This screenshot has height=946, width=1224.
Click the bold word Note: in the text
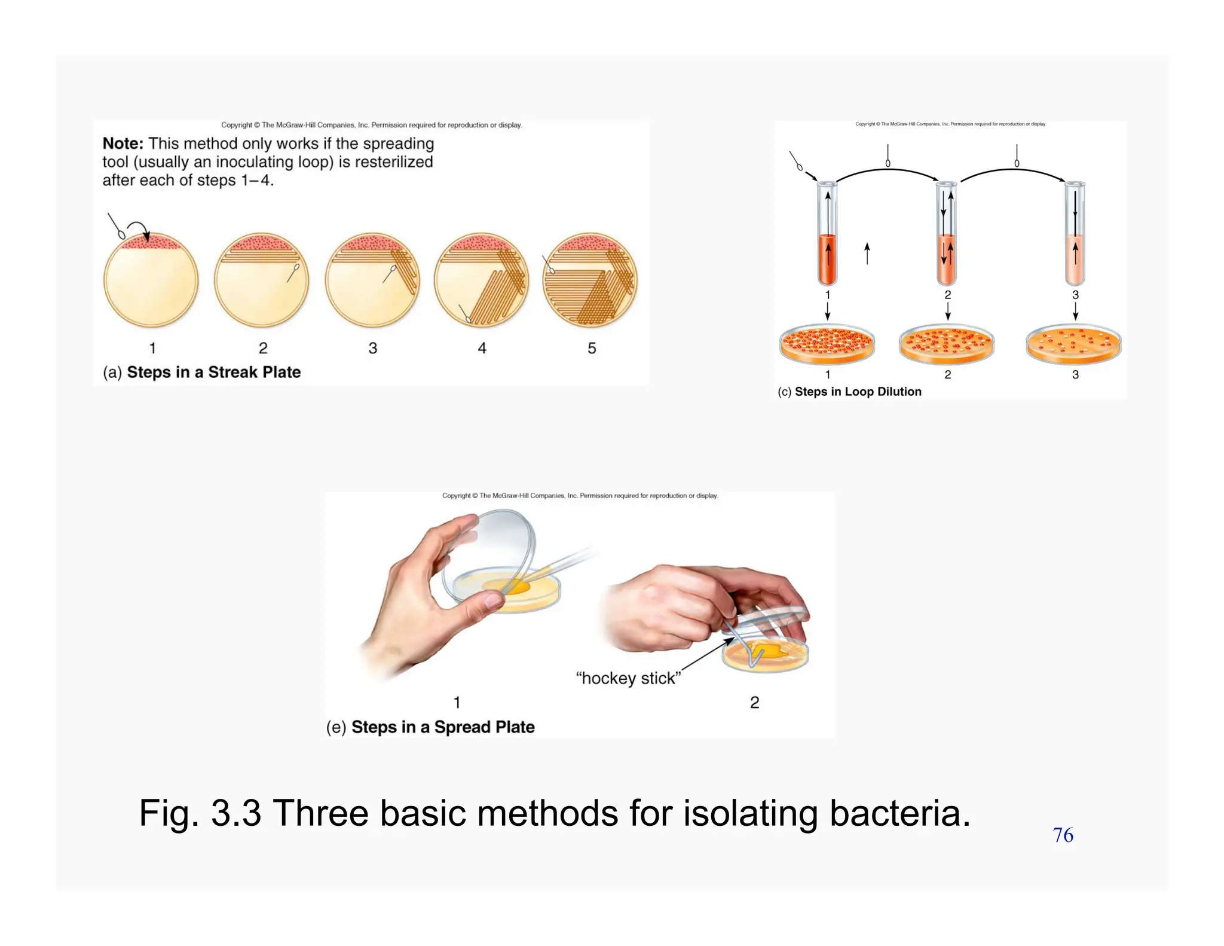[123, 144]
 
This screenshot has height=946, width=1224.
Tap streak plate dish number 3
[372, 280]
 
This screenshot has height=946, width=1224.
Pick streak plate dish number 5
[590, 280]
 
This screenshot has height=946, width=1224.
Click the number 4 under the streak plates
[482, 348]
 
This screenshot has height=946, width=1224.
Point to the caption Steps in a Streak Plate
[213, 372]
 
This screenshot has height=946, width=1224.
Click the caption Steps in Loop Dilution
[858, 392]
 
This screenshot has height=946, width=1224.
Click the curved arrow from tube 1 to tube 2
[888, 170]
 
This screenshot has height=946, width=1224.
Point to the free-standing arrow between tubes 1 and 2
[867, 254]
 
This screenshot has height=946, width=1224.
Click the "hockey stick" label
[628, 678]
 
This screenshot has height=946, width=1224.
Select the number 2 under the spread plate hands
[754, 702]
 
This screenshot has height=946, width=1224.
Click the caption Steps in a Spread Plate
[442, 727]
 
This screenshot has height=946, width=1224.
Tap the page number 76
[1063, 835]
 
